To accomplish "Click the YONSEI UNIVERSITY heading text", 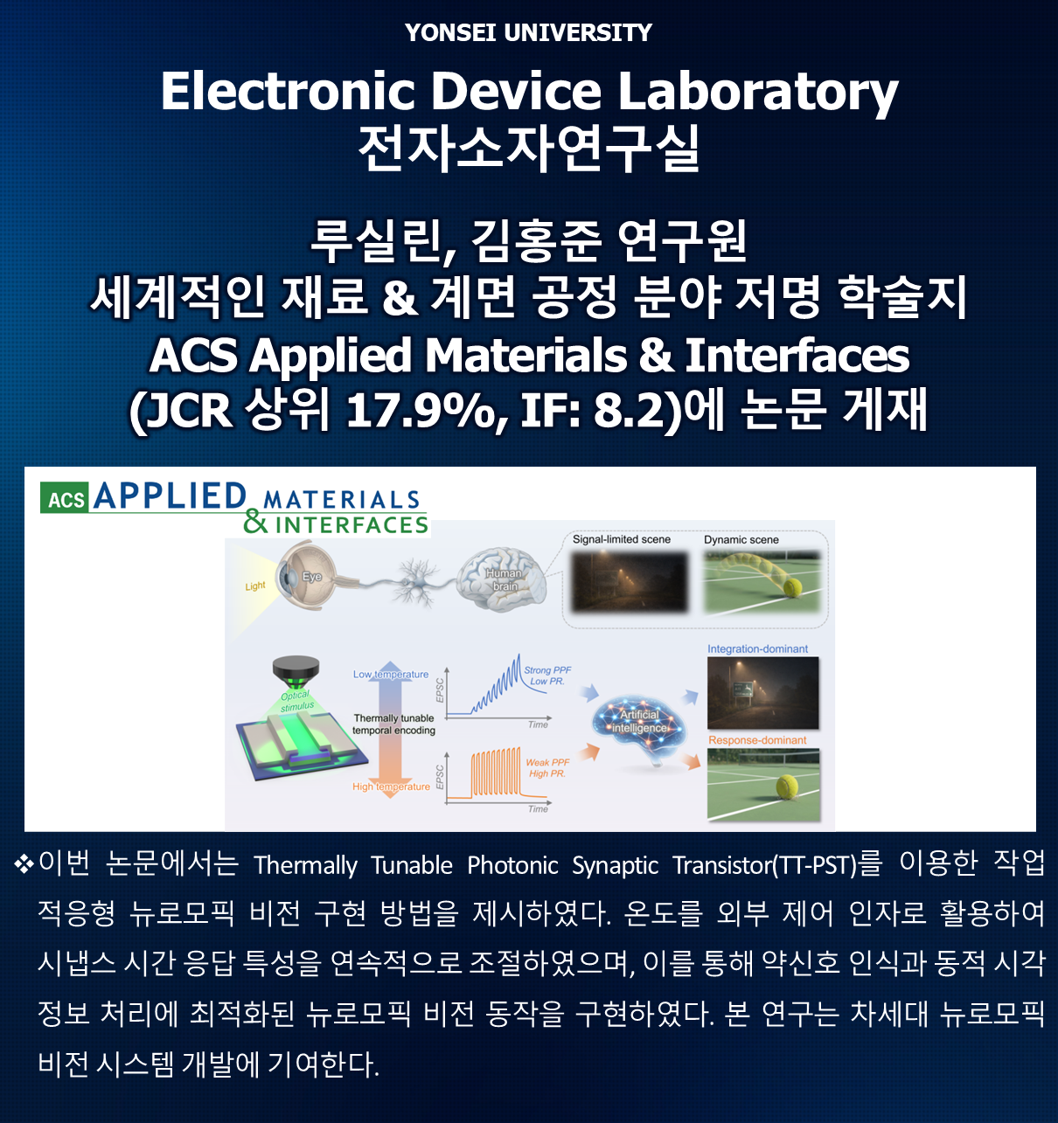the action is click(528, 32).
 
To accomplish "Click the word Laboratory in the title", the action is click(757, 92).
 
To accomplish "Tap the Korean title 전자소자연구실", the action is click(529, 149).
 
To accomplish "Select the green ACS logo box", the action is click(65, 498).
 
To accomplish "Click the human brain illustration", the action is click(501, 578).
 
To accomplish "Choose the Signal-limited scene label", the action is click(621, 539).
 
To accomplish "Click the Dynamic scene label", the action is click(741, 540).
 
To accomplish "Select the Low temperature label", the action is click(390, 675).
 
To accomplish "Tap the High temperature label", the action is click(391, 787).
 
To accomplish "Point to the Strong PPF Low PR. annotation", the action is click(547, 676).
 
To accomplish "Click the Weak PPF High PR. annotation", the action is click(547, 768).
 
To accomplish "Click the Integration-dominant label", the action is click(757, 649).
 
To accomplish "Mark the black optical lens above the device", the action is click(296, 671).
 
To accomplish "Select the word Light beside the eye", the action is click(255, 586).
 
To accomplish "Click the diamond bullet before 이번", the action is click(24, 864).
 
